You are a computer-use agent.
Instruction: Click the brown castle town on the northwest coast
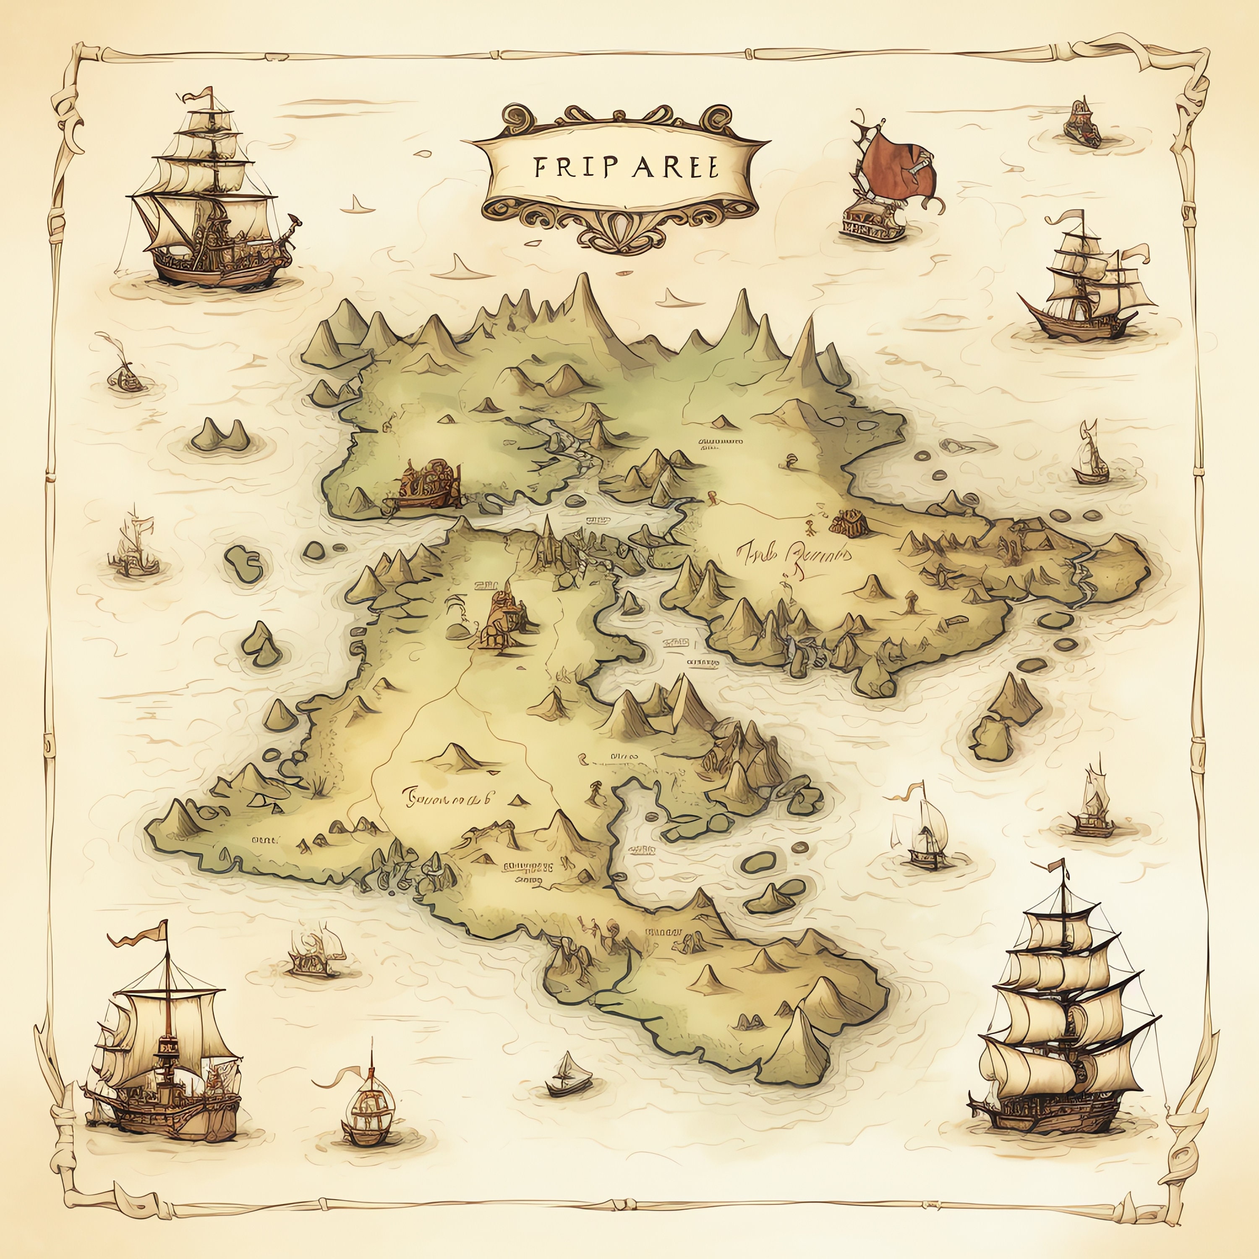coord(427,486)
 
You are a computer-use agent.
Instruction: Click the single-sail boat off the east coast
coord(1089,456)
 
